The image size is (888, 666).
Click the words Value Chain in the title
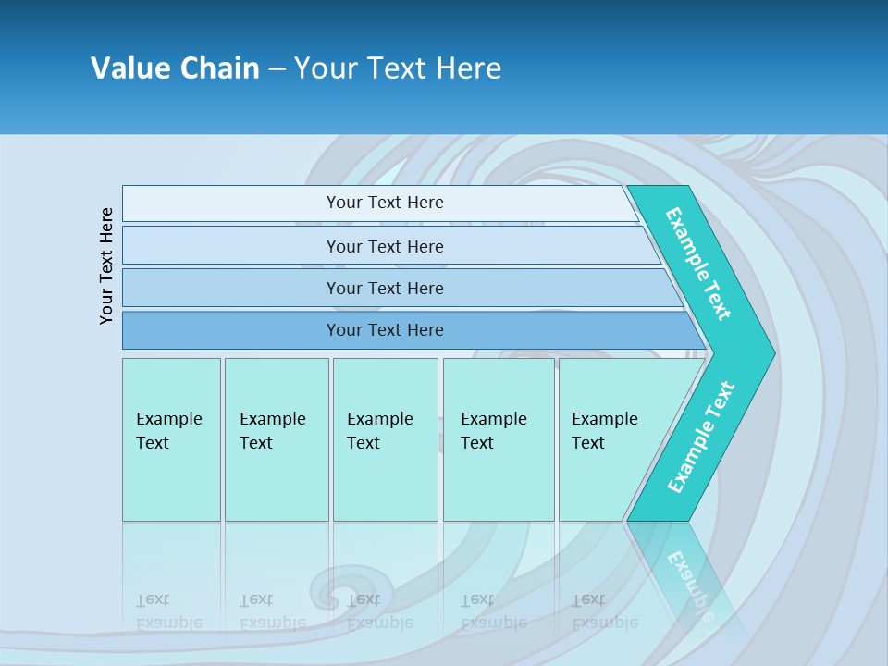coord(175,68)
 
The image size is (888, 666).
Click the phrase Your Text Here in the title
coord(398,68)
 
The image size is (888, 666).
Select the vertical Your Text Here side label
coord(107,266)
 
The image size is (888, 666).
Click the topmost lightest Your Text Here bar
coord(385,203)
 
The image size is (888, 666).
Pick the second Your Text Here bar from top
coord(385,246)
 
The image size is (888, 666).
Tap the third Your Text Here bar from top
coord(385,288)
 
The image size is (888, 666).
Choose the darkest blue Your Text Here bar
coord(385,330)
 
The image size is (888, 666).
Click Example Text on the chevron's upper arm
coord(699,263)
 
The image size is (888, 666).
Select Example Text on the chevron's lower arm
coord(701,437)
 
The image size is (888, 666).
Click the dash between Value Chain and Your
coord(277,68)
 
